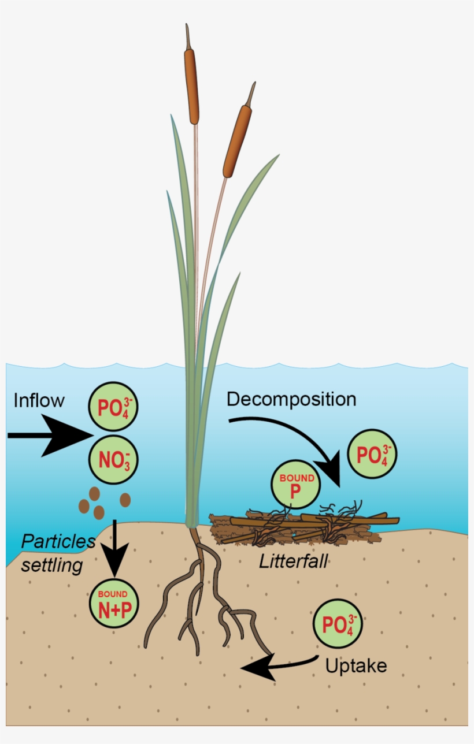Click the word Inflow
(x=39, y=400)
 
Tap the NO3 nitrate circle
(x=114, y=460)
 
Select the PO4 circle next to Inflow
(x=113, y=407)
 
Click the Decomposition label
(x=291, y=399)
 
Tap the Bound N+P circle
(x=114, y=604)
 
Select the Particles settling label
(x=57, y=553)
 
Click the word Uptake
(x=355, y=665)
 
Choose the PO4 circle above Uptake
(x=338, y=626)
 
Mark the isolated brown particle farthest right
(x=125, y=500)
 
